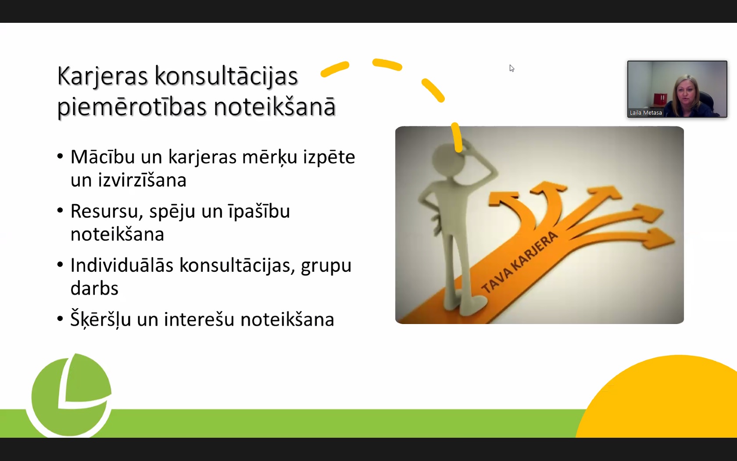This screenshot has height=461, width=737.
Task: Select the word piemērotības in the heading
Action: click(x=132, y=107)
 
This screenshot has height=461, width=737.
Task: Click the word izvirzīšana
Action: click(x=142, y=180)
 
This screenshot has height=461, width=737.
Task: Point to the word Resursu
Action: click(x=107, y=211)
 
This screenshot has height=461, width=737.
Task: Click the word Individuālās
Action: click(x=122, y=265)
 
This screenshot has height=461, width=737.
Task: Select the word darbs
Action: click(x=94, y=288)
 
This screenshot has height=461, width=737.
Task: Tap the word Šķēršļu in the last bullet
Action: click(x=101, y=319)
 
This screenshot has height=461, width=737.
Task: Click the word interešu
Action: click(x=199, y=319)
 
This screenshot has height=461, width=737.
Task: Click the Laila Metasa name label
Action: click(x=646, y=112)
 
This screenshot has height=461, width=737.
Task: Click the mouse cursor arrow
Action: click(x=512, y=68)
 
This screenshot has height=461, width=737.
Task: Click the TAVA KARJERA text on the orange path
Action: click(x=519, y=262)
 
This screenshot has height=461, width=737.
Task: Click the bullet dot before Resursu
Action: click(x=60, y=210)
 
